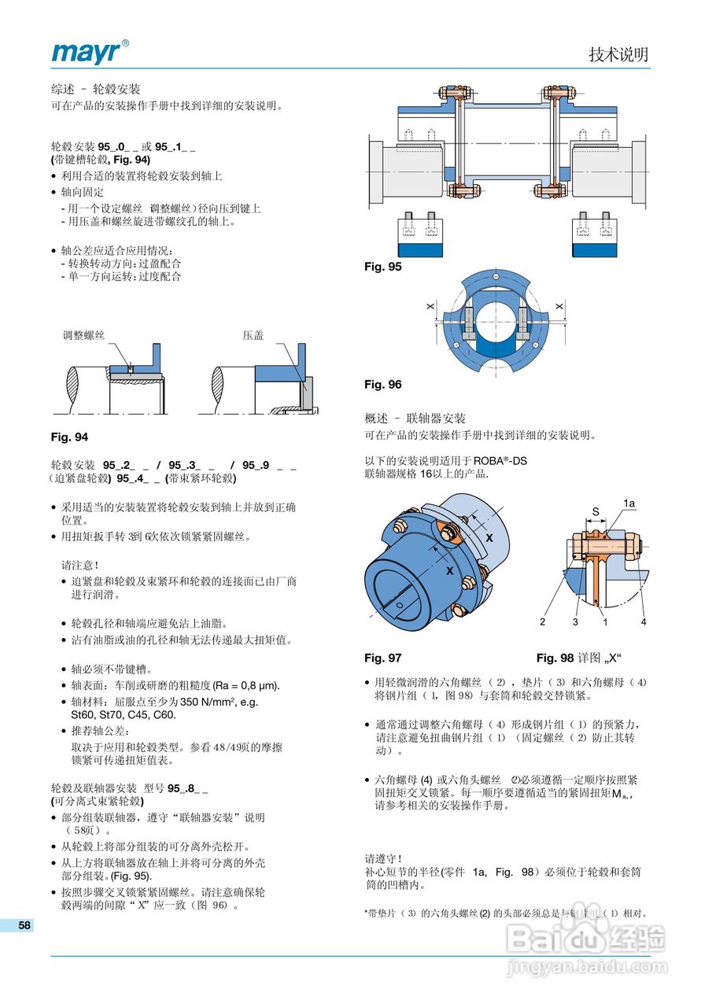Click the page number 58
24,925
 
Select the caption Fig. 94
69,437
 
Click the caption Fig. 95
383,267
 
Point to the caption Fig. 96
383,384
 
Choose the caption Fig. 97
383,657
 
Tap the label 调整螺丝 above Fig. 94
83,335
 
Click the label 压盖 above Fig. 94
253,335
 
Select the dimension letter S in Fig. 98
596,511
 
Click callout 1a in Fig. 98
629,502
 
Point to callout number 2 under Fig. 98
543,622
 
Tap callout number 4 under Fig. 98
643,622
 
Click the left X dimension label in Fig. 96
430,305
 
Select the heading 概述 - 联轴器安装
415,419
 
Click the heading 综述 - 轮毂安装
95,89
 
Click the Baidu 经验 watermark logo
586,939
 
